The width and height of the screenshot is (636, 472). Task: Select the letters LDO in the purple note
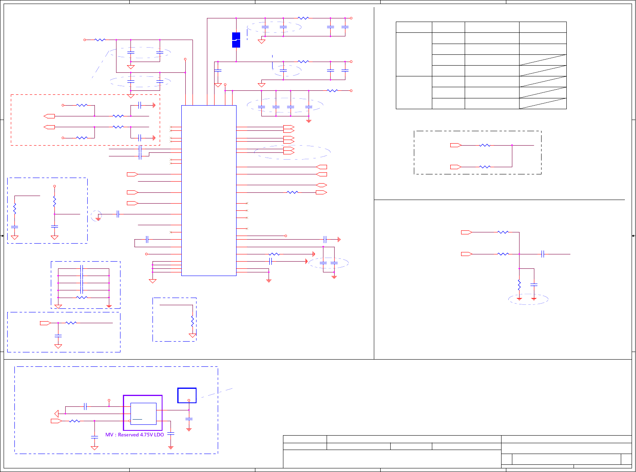pos(159,435)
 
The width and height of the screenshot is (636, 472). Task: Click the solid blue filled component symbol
pos(236,40)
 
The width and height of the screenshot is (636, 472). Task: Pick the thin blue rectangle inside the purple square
pos(143,414)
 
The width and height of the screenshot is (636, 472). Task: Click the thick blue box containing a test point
pos(187,395)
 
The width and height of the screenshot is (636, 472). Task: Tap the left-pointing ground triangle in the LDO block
pos(56,414)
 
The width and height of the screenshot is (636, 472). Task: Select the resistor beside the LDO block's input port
pos(75,421)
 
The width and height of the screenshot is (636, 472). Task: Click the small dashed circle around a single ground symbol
pos(96,216)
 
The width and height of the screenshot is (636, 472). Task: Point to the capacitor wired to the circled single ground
pos(118,214)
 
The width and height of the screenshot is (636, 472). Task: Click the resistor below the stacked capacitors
pos(82,298)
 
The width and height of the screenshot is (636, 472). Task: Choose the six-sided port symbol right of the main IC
pos(321,185)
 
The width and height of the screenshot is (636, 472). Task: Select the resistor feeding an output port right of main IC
pos(293,192)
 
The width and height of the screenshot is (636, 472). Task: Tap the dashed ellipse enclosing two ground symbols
pos(528,299)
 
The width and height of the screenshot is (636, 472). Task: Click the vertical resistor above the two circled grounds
pos(519,285)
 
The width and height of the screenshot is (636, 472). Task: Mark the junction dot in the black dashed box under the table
pos(512,145)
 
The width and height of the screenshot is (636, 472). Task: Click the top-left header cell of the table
pos(414,27)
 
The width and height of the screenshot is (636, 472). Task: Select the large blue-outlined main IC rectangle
pos(209,190)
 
